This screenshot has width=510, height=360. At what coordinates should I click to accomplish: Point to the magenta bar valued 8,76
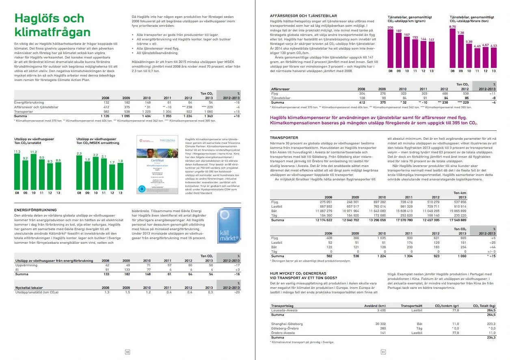(452, 47)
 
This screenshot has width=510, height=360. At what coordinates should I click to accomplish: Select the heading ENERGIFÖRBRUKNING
(35, 210)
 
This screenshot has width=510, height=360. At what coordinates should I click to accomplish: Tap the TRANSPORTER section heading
(284, 138)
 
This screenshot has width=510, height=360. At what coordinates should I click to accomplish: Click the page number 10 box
(127, 352)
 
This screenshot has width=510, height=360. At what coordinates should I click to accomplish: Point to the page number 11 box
(382, 352)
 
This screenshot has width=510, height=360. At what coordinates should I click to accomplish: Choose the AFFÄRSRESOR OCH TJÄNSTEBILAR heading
(303, 16)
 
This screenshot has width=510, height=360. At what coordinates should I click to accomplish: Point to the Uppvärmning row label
(26, 265)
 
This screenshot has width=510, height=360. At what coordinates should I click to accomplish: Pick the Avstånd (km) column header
(376, 306)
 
